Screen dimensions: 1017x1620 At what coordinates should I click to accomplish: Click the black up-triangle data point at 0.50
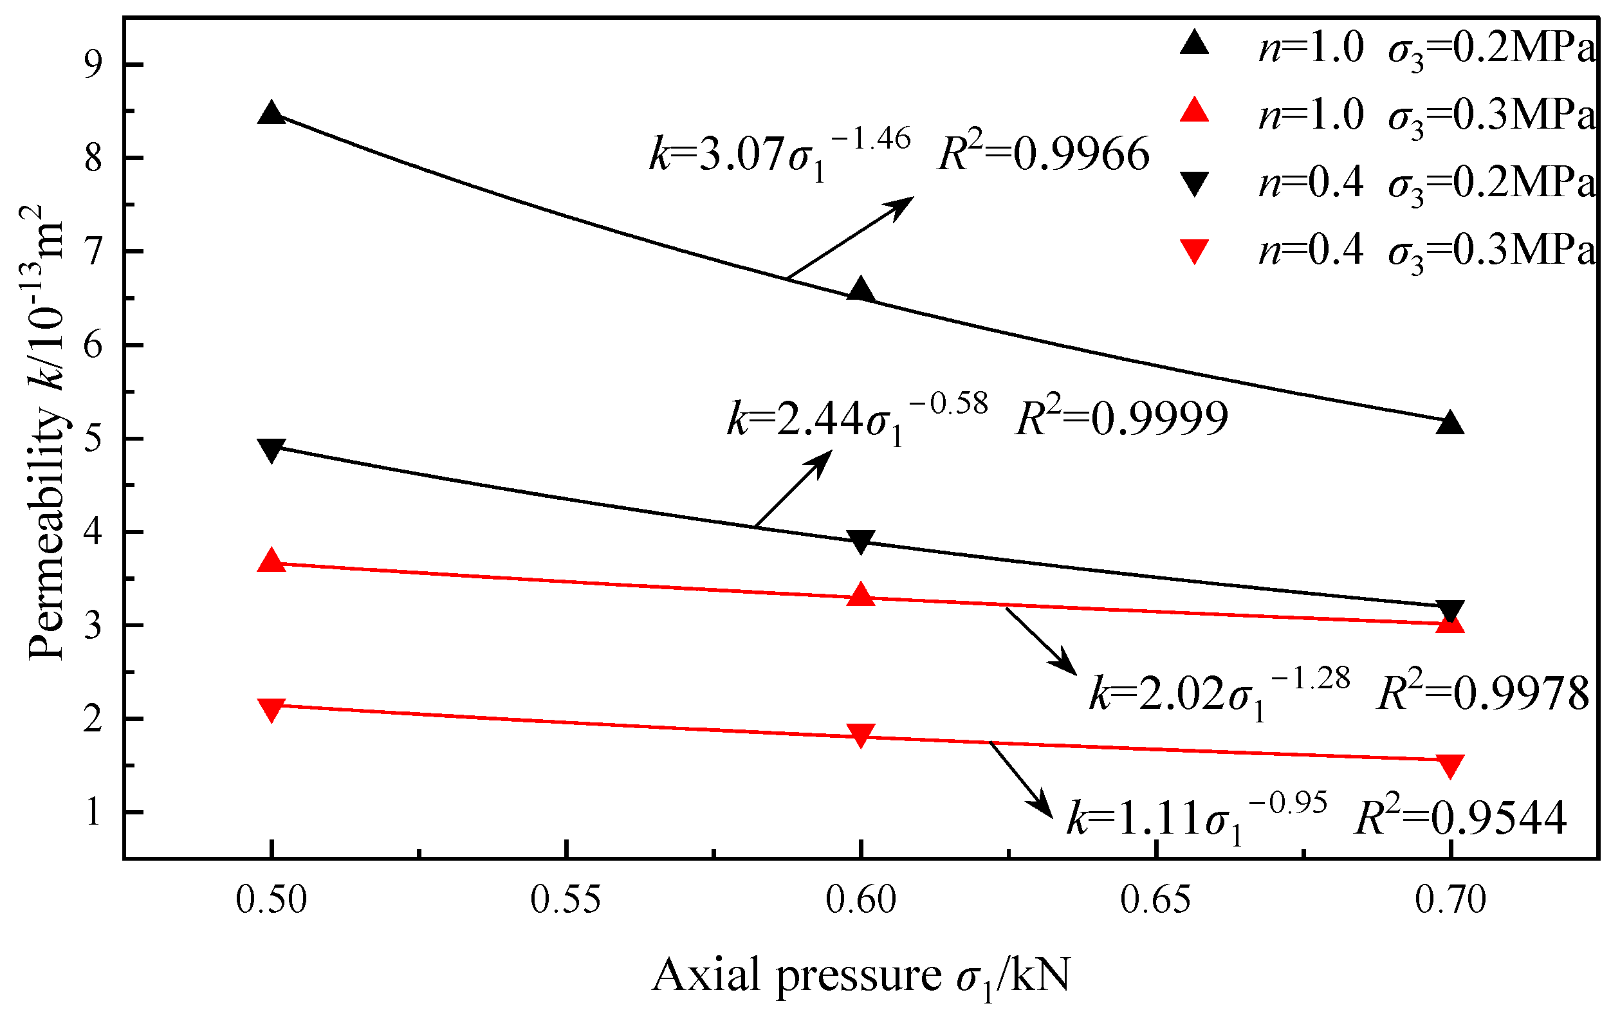(272, 114)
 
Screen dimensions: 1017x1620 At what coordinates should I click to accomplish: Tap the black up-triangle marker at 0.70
(1450, 423)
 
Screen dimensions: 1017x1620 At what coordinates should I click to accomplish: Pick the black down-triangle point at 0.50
(272, 450)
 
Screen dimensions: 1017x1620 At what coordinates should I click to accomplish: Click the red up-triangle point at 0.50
(272, 560)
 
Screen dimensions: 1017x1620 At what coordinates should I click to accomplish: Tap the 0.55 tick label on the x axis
(566, 900)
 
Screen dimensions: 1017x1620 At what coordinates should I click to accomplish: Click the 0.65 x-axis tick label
(1155, 900)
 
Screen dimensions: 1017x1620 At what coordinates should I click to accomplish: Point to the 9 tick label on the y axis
(93, 65)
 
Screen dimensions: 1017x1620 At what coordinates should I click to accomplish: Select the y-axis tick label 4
(93, 533)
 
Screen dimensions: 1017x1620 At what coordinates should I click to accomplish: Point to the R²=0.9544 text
(1460, 818)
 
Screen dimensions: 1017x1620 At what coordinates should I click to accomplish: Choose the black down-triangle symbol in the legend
(1195, 183)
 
